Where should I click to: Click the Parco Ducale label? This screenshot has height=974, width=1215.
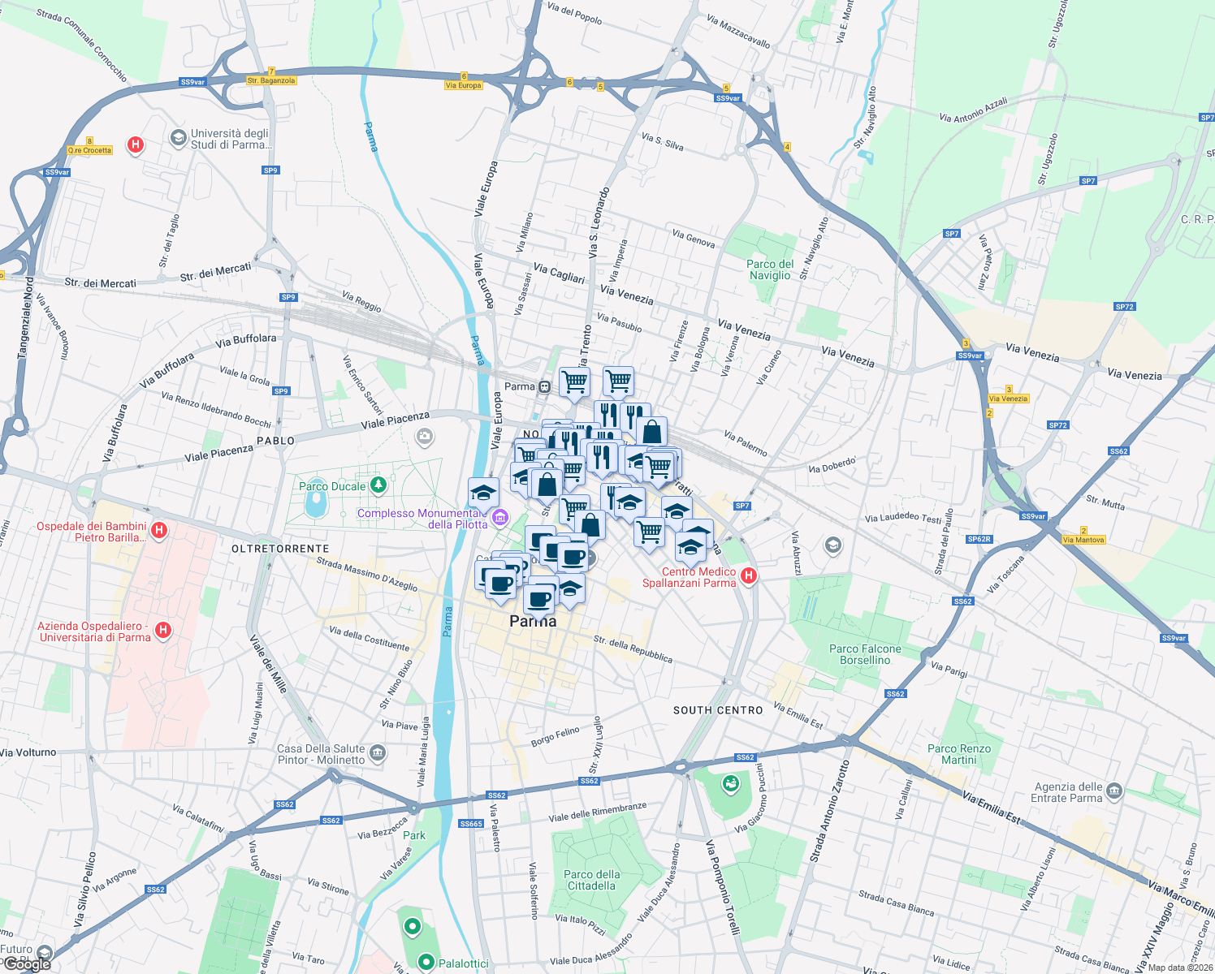coord(332,486)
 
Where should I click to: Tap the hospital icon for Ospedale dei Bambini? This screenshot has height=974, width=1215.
coord(159,531)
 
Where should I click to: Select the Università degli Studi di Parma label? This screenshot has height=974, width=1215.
coord(229,139)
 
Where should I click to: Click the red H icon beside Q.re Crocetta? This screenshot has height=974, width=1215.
coord(136,145)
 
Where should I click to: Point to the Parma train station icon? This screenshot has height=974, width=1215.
coord(544,386)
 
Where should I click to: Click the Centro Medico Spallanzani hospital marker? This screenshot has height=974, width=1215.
coord(749,575)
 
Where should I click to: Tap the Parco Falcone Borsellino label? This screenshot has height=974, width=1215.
coord(865,654)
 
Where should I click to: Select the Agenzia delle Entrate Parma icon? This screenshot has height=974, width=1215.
coord(1113,791)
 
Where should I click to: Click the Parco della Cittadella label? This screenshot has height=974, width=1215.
coord(591,880)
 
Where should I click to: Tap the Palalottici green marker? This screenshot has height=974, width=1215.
coord(426,962)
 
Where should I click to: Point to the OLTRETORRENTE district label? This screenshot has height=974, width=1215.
coord(280,549)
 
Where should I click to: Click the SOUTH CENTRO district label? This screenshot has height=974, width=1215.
coord(718,710)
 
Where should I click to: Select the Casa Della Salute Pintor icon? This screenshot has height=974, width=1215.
coord(377,753)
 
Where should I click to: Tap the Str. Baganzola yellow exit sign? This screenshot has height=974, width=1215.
coord(271,80)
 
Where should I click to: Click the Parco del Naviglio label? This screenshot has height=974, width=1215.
coord(770,269)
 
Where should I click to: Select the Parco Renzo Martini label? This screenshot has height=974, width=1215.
coord(959,754)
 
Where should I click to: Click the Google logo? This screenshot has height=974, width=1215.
coord(27,963)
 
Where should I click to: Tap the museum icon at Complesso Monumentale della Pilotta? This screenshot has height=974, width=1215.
coord(500,517)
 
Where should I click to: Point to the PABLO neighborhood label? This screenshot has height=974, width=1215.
coord(275,441)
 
